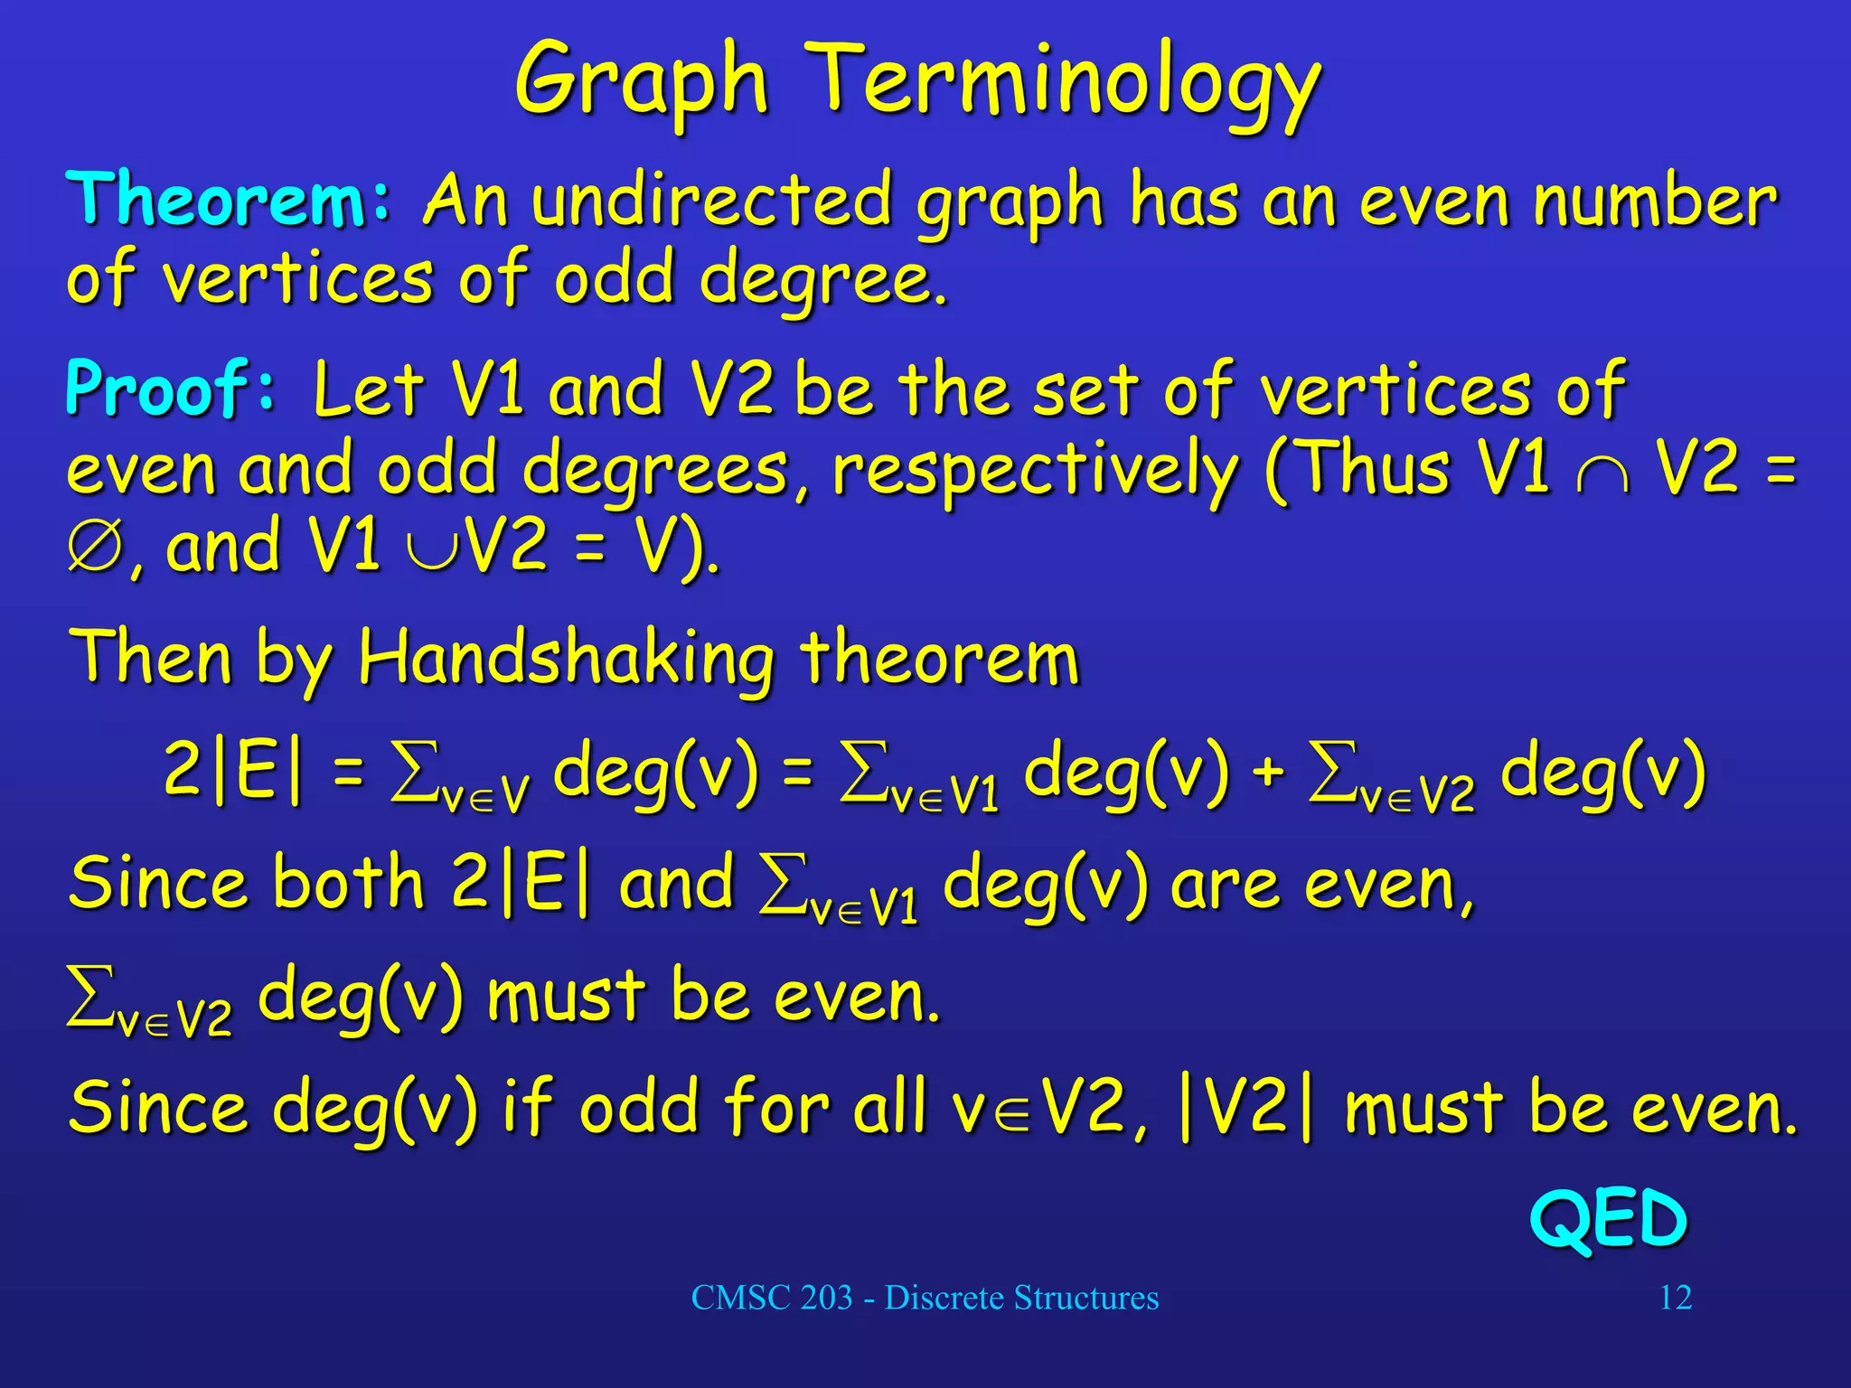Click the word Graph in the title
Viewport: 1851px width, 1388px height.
641,83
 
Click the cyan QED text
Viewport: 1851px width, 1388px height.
1608,1219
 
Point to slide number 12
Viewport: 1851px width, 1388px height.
1675,1298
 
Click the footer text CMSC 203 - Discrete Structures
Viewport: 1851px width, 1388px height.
925,1298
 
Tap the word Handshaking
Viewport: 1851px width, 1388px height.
566,658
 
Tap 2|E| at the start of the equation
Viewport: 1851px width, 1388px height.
233,770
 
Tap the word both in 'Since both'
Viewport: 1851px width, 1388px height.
348,882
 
